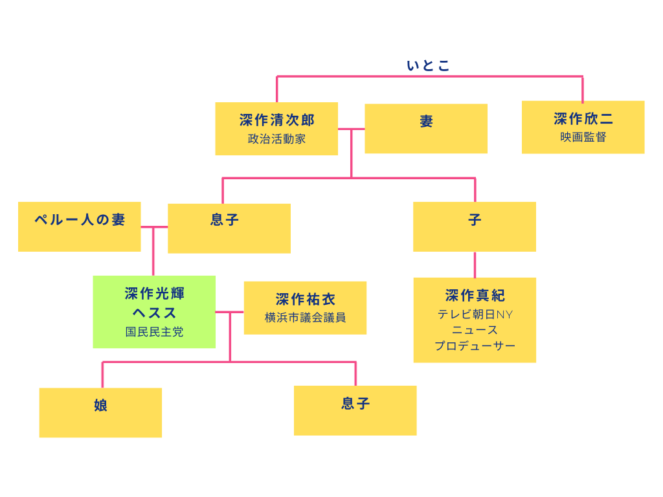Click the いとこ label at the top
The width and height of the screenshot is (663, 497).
point(428,65)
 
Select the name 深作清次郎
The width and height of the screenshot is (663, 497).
point(276,120)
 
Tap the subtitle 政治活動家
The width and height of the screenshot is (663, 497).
point(276,138)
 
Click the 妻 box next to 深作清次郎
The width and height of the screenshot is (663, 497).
point(426,129)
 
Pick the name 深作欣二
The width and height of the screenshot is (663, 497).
point(583,119)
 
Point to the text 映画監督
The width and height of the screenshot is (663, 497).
point(583,137)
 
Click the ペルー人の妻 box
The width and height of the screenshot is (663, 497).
point(79,226)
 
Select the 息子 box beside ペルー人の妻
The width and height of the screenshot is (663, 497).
point(229,228)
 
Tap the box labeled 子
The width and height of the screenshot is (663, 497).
point(475,226)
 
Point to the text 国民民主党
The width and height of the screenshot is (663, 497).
point(154,332)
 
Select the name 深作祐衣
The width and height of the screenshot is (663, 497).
point(305,300)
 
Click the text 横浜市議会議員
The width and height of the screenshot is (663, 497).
point(305,318)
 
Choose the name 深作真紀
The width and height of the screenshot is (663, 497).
point(475,296)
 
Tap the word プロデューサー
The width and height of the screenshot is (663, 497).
point(475,346)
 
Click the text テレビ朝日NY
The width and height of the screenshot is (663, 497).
point(475,315)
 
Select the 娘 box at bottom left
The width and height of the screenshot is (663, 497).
point(100,412)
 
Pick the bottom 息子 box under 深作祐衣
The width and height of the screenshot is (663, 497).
point(355,410)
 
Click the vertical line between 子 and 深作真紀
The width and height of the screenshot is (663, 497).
point(475,265)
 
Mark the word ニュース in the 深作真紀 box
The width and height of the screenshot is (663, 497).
point(475,330)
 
